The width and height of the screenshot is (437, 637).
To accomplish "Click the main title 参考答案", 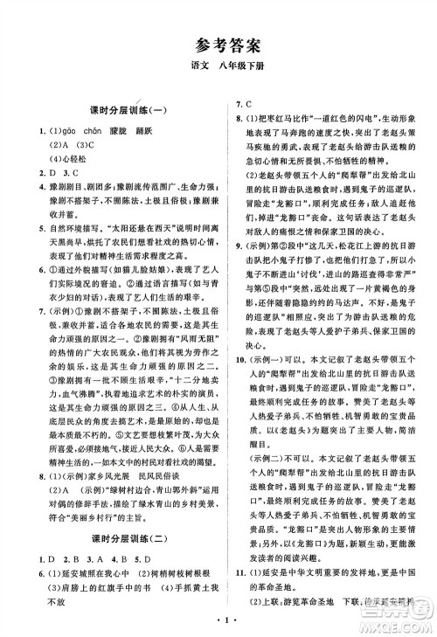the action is click(x=218, y=45).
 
